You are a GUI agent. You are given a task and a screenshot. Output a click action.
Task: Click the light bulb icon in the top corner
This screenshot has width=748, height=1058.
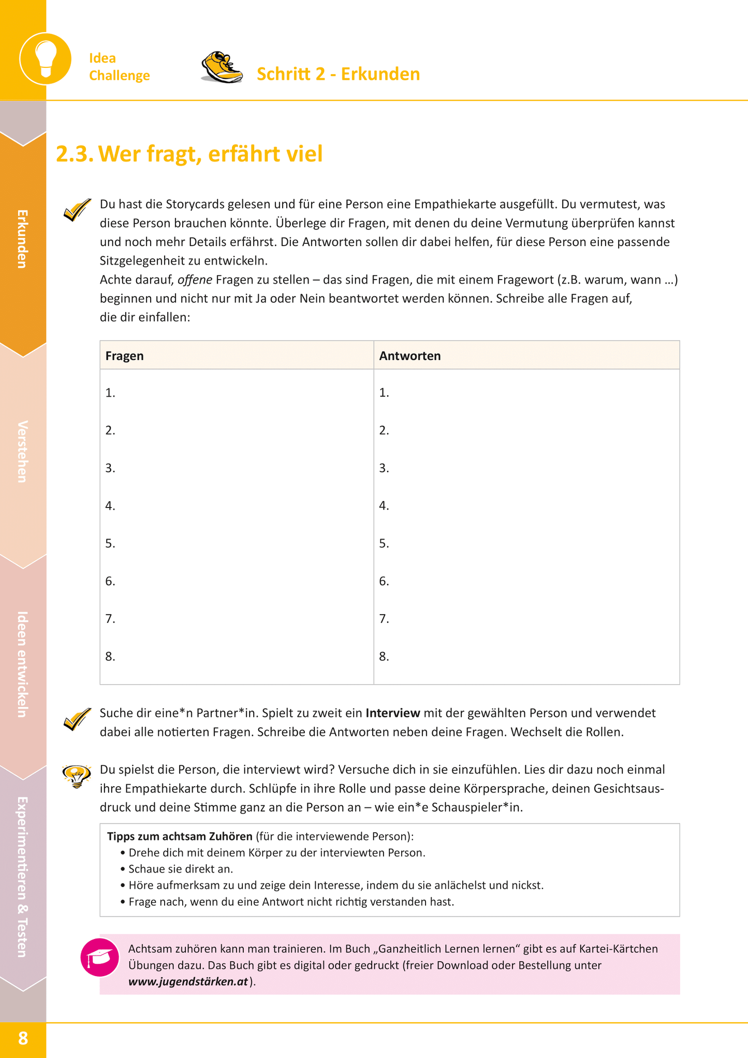46,58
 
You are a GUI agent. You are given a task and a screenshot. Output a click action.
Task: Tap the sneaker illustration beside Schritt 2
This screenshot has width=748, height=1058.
222,68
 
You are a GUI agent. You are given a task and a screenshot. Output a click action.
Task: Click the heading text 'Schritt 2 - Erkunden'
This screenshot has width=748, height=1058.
338,74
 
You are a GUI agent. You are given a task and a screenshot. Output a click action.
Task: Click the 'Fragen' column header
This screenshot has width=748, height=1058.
125,356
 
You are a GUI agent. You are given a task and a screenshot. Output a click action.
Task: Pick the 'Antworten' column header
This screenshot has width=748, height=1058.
410,356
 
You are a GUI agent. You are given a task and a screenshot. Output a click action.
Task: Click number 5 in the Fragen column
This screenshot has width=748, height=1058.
110,543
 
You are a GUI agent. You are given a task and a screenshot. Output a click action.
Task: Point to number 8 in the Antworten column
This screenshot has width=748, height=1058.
384,657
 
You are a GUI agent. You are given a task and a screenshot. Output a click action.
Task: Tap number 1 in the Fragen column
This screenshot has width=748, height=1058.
110,393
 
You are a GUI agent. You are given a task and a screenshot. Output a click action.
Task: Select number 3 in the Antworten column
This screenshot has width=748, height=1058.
384,468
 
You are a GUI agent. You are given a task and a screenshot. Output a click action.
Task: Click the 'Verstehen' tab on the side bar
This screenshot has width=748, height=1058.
23,452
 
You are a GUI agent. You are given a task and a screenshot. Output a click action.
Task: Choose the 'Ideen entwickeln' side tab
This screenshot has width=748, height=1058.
23,664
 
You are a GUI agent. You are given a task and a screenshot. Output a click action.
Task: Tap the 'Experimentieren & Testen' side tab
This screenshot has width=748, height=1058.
23,876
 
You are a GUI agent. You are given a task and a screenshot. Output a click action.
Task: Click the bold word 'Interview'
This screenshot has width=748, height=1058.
392,713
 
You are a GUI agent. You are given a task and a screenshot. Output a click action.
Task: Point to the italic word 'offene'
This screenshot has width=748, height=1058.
195,280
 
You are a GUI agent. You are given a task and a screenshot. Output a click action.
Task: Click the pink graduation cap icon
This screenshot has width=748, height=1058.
100,958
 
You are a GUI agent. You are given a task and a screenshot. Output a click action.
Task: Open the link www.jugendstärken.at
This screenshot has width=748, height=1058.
188,982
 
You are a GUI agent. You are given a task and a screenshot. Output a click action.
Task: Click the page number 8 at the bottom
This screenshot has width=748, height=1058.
23,1038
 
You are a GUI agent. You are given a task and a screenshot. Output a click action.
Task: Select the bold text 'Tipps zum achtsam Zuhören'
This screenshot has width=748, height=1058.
180,836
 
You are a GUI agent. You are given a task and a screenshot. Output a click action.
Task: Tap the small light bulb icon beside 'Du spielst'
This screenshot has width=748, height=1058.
77,775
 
